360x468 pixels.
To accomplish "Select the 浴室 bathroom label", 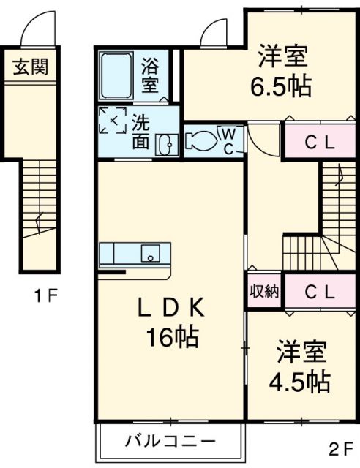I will click(150, 75).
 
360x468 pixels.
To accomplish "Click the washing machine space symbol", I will click(113, 121).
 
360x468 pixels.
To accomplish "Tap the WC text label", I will click(228, 140).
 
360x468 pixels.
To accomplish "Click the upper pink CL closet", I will click(319, 143).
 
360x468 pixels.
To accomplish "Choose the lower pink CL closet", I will click(319, 292).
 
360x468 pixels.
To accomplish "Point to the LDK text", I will click(170, 311).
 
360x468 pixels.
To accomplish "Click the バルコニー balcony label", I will click(169, 441).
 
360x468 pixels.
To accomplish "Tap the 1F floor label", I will click(44, 296).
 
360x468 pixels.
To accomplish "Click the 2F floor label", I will click(340, 448).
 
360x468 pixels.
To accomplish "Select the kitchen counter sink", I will click(151, 254).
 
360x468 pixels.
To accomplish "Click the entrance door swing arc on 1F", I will click(37, 29).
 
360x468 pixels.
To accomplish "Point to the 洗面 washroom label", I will click(140, 132).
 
